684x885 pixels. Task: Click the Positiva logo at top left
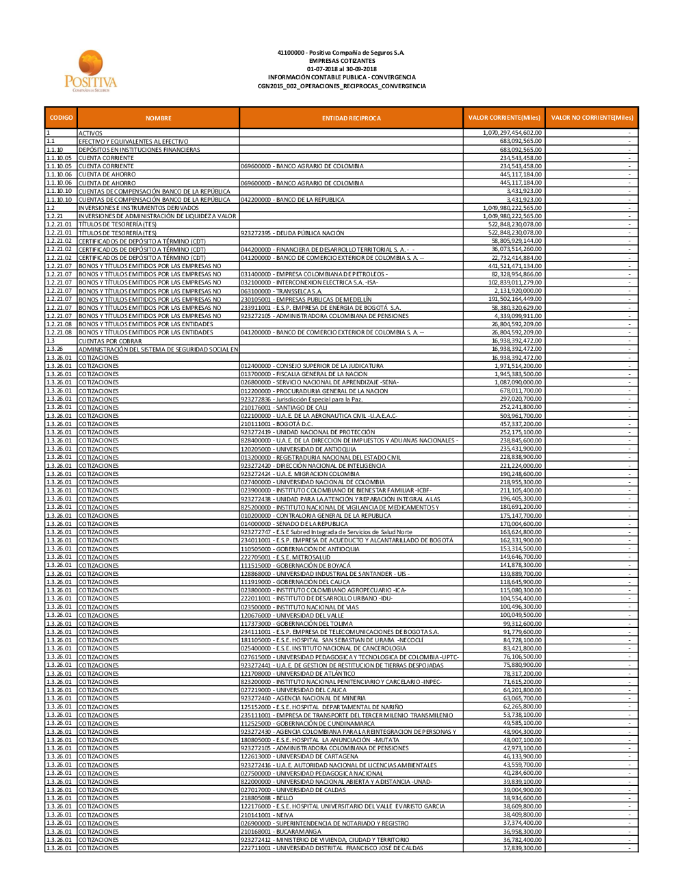[91, 71]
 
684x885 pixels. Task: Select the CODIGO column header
[61, 118]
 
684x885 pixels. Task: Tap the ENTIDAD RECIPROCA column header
[351, 118]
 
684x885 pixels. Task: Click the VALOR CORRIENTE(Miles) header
[503, 118]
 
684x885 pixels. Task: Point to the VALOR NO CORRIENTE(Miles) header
[592, 118]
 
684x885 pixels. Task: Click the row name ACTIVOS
[90, 133]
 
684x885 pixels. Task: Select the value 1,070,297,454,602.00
[512, 133]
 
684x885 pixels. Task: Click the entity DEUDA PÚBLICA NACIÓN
[292, 233]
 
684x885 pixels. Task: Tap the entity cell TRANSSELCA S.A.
[281, 291]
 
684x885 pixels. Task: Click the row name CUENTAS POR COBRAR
[110, 341]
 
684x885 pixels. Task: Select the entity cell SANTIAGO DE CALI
[284, 408]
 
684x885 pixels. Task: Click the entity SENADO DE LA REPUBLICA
[294, 524]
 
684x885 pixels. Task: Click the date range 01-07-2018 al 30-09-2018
[341, 69]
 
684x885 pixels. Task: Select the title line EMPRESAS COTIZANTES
[341, 61]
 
